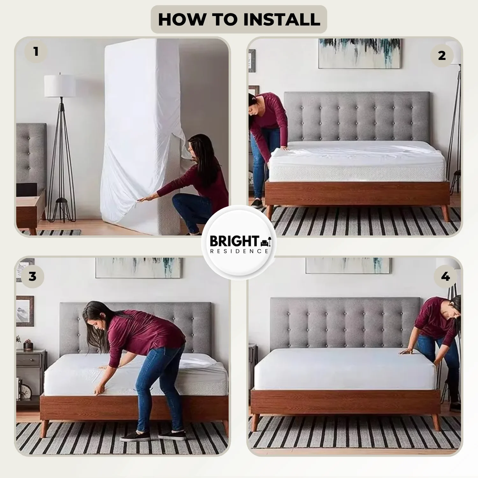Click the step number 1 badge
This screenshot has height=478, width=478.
[x=36, y=51]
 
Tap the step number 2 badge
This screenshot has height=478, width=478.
[x=442, y=55]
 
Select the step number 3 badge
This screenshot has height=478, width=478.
[x=33, y=276]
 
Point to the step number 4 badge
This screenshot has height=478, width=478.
[x=445, y=276]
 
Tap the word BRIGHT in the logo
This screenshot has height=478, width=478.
[x=235, y=241]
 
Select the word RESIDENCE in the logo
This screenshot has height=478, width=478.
[x=239, y=251]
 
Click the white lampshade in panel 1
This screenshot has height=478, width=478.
[x=60, y=86]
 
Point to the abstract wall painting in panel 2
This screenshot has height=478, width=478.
[x=359, y=53]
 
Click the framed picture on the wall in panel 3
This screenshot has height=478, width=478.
[x=25, y=311]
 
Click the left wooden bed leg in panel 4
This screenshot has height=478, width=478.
[x=255, y=423]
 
